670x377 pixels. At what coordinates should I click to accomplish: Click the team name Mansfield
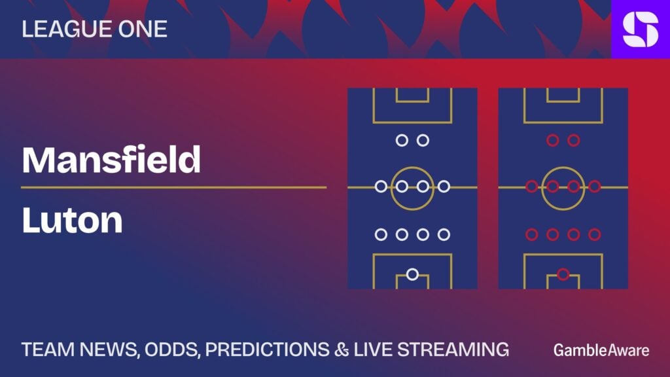(111, 160)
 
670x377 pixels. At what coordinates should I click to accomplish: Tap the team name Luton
(72, 220)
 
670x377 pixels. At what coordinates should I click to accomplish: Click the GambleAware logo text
(601, 351)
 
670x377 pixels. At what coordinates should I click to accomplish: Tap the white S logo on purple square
(641, 29)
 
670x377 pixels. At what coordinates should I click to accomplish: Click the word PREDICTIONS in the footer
(267, 350)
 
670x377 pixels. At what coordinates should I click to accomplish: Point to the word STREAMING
(453, 350)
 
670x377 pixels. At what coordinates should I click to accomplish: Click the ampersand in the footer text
(342, 350)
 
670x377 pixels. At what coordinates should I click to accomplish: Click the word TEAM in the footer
(48, 350)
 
